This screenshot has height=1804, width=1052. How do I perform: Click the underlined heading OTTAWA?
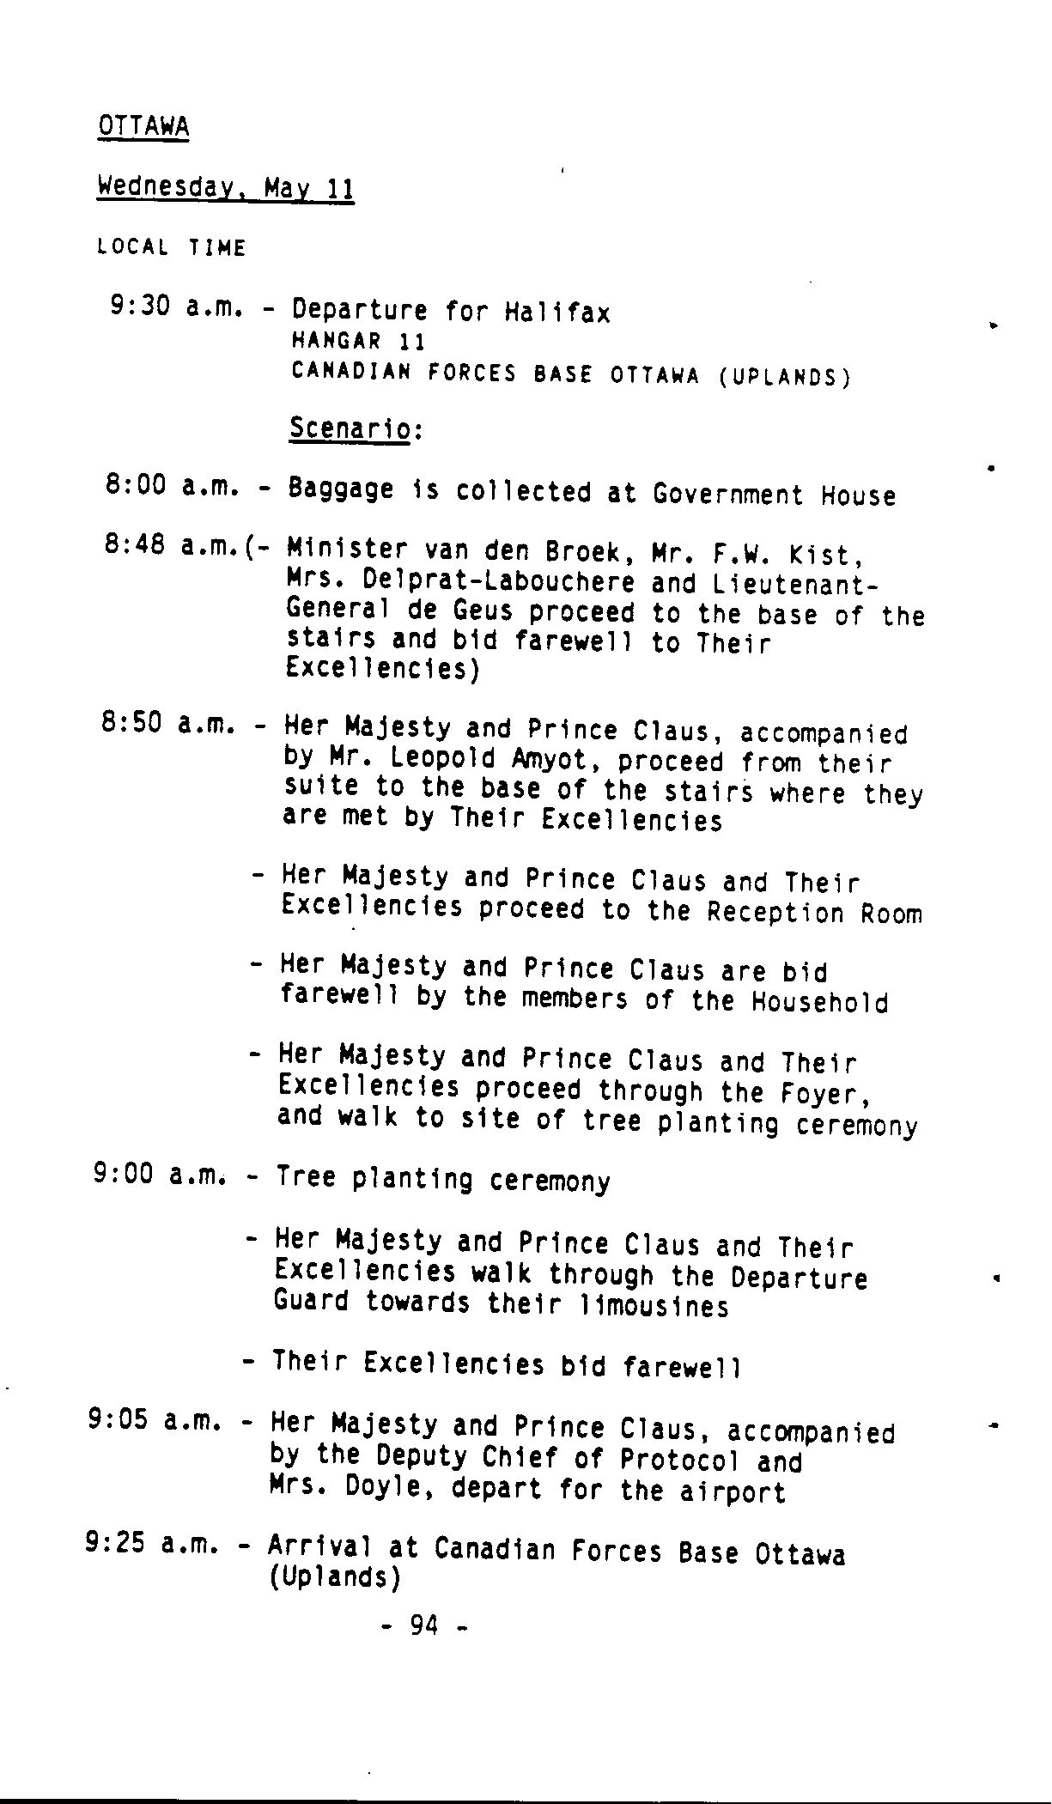click(x=143, y=126)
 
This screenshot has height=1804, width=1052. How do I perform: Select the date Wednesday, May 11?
click(x=226, y=187)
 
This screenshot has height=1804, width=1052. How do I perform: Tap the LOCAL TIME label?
click(x=172, y=248)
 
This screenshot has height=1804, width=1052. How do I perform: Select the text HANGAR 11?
click(x=358, y=341)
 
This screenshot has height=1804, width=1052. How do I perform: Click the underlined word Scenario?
click(x=350, y=428)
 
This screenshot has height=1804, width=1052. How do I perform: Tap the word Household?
click(x=819, y=1002)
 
